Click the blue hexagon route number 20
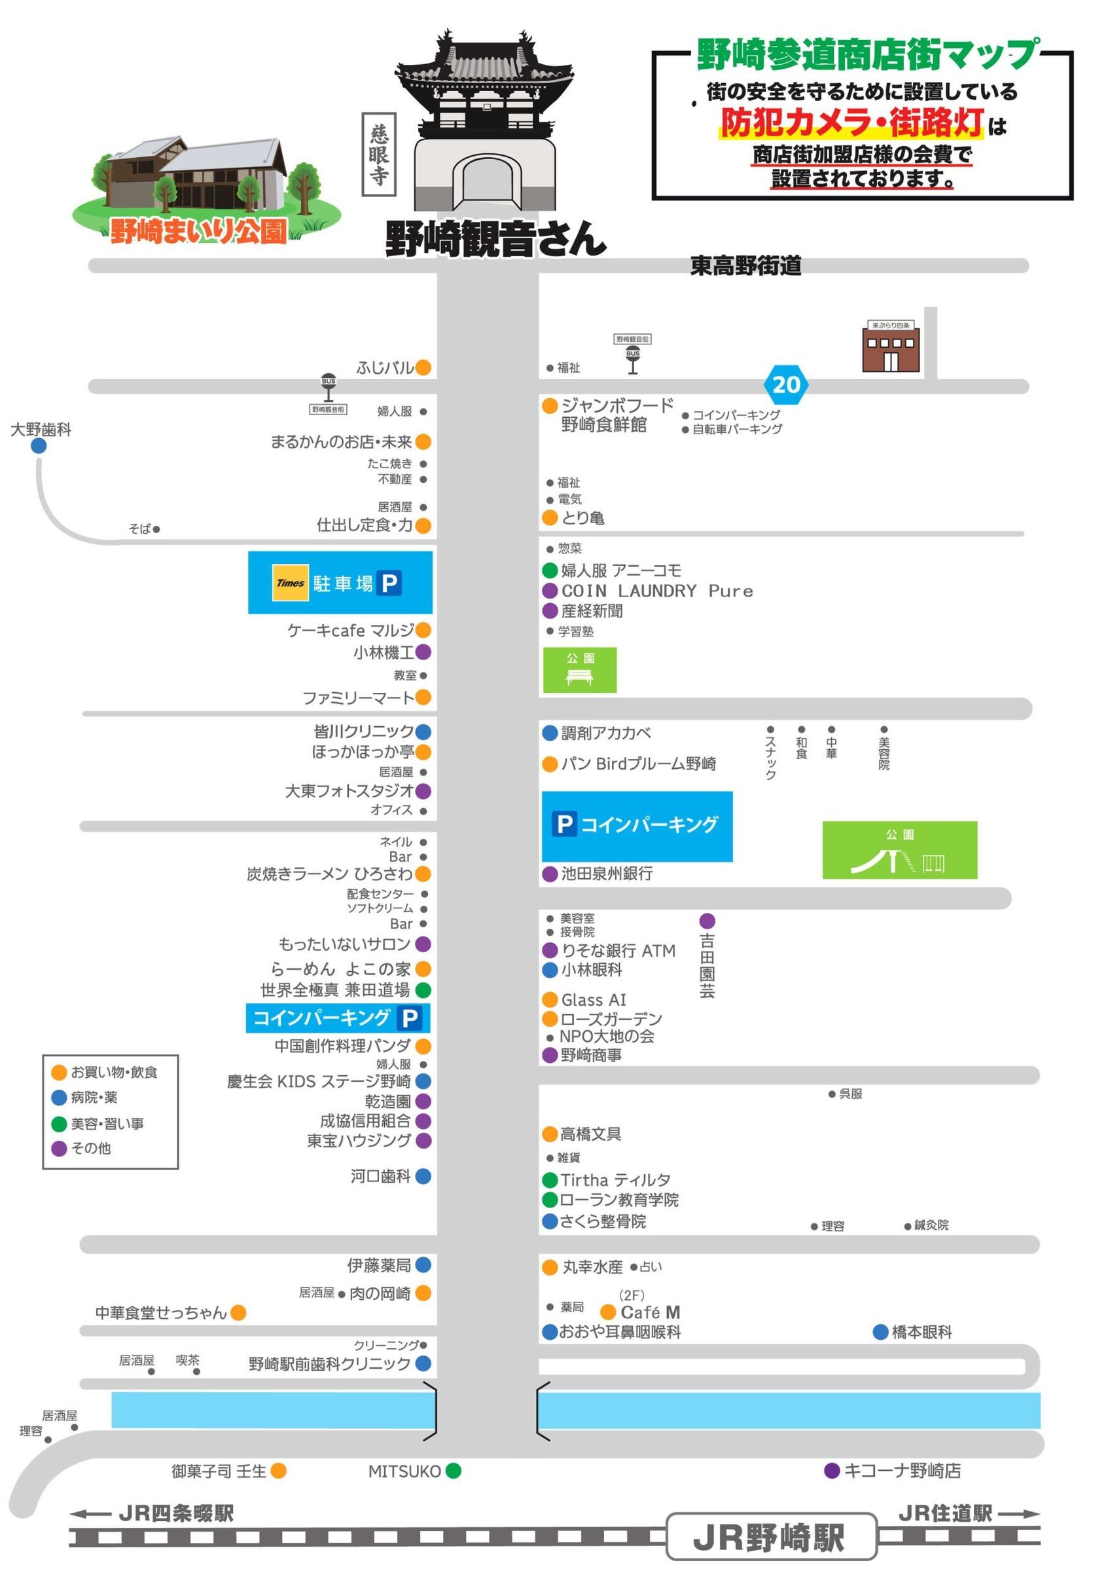coord(786,384)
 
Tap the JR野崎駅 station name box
coord(771,1537)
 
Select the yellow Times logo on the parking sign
coord(291,583)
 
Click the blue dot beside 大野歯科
coord(39,445)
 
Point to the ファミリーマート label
coord(359,698)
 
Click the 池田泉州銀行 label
coord(607,874)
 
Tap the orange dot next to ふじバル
coord(423,367)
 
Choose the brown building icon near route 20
coord(891,347)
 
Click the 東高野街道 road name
coord(745,265)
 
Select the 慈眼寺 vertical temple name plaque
coord(379,155)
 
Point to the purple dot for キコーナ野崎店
coord(832,1470)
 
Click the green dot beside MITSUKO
coord(454,1470)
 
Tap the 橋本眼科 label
coord(922,1332)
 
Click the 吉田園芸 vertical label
coord(707,965)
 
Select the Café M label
coord(650,1312)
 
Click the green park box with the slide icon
coord(899,851)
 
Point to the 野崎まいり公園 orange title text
coord(198,232)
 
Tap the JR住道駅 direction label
coord(945,1513)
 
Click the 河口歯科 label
coord(380,1176)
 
